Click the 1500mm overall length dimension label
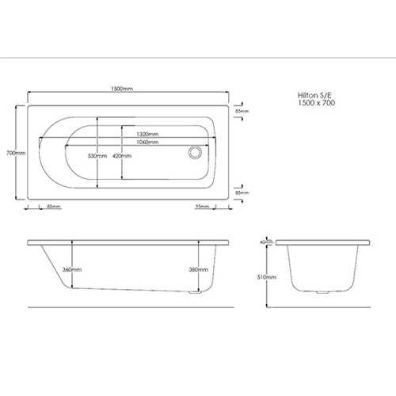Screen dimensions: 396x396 coord(122,89)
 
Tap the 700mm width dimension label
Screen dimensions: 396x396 coord(16,153)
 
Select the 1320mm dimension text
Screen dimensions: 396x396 coord(147,134)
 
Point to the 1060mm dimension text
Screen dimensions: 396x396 coord(147,143)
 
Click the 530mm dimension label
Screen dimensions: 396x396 coord(97,156)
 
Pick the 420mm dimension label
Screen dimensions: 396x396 coord(122,156)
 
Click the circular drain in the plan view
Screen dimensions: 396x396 coord(195,152)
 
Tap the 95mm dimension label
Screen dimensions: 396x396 coord(202,206)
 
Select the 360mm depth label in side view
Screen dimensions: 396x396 coord(72,269)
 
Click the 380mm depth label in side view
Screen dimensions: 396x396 coord(198,269)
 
